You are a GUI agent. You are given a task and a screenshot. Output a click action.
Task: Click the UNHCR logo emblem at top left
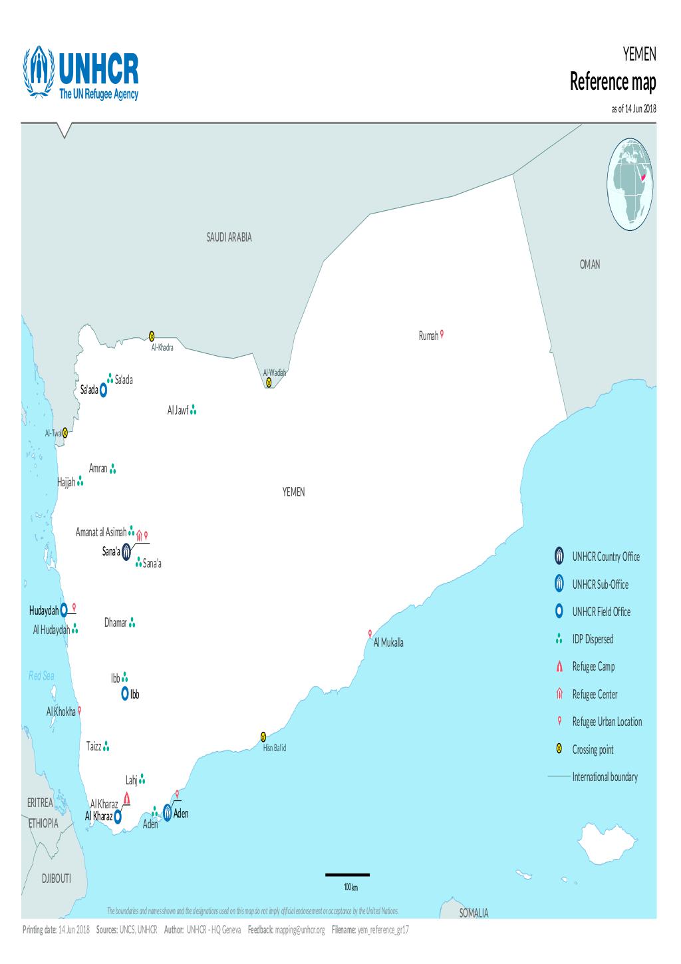(x=38, y=74)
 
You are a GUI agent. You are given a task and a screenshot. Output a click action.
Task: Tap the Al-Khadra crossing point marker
(x=152, y=336)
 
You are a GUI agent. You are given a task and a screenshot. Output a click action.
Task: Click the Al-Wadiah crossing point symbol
(x=269, y=383)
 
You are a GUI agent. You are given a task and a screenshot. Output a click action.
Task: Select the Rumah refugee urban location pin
(x=442, y=335)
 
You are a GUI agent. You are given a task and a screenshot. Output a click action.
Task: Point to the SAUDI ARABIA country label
(x=229, y=237)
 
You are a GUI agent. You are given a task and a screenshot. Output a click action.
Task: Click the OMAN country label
(x=589, y=265)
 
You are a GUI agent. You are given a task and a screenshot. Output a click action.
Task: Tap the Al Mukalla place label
(x=388, y=643)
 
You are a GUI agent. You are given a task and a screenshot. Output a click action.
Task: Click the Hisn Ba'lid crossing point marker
(x=263, y=736)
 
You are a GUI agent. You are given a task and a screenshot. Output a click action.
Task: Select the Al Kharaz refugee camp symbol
(x=126, y=798)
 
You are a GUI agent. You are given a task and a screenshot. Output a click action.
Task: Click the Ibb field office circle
(x=125, y=694)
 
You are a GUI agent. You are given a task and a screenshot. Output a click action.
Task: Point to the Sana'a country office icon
(x=126, y=552)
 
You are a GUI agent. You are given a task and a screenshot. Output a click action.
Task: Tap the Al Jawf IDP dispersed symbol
(x=193, y=411)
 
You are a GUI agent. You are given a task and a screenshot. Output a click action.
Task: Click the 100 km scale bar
(x=347, y=875)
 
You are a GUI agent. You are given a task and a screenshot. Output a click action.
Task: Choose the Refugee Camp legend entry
(x=593, y=667)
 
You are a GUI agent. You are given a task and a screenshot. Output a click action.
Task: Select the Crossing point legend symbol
(x=559, y=750)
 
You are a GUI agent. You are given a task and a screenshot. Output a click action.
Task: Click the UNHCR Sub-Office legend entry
(x=600, y=585)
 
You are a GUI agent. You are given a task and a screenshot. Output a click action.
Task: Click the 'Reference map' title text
(x=613, y=83)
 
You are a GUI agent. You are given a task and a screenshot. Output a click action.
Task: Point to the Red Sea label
(x=41, y=676)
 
